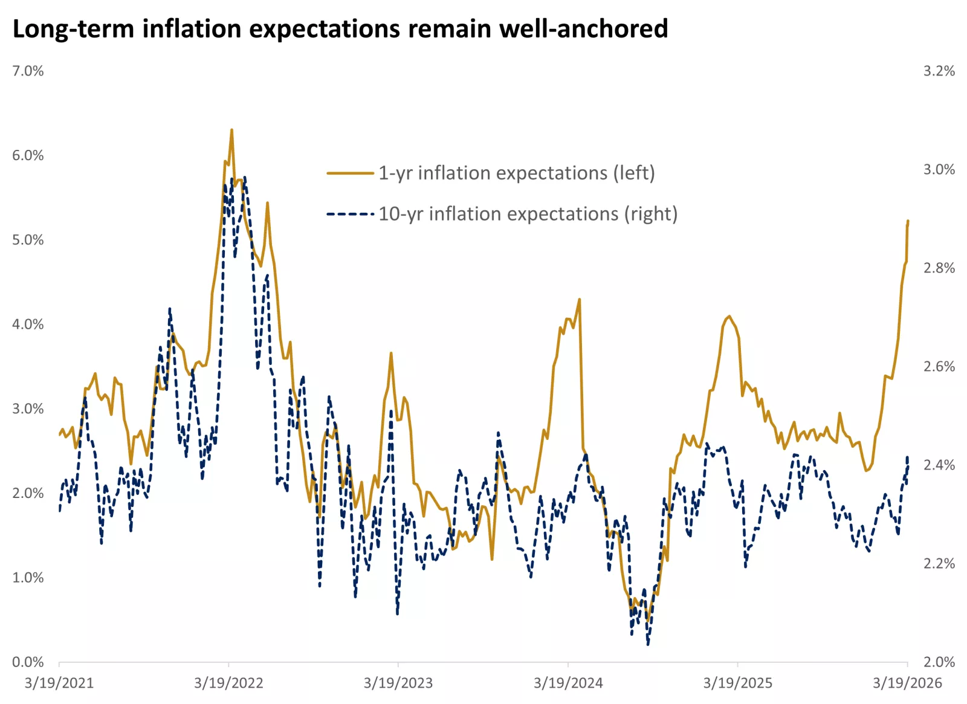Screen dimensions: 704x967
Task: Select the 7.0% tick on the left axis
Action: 28,71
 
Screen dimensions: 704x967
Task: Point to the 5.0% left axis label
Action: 28,240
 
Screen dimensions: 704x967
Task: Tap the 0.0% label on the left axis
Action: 28,662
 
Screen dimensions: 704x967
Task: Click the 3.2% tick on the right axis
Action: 939,71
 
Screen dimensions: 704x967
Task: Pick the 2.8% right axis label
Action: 939,268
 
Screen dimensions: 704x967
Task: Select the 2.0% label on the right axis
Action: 939,662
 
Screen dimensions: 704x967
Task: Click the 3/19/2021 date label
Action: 59,683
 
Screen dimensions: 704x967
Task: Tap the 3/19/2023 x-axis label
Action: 398,683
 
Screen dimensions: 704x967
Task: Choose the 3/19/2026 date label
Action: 907,683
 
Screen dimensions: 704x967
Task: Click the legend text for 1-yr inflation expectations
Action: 517,173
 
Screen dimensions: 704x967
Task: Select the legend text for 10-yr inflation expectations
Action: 528,214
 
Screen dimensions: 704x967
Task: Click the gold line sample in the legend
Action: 351,173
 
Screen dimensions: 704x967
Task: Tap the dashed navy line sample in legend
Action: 351,214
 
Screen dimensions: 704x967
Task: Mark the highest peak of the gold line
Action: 231,129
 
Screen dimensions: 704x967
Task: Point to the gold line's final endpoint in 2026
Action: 908,221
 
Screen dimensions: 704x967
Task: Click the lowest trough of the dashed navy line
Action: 648,645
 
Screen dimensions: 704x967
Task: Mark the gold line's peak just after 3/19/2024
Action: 580,299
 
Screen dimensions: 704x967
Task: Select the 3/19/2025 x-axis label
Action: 737,683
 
